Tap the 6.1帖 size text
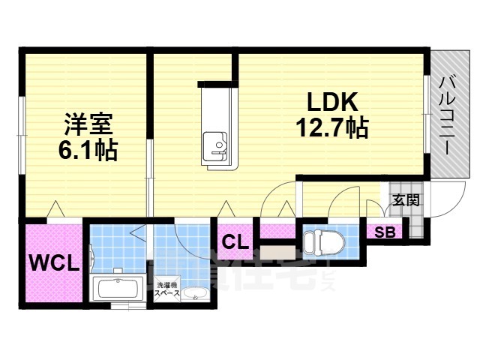click(x=87, y=149)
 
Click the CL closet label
click(x=235, y=242)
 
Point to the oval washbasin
click(x=197, y=294)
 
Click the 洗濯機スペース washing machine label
click(x=167, y=289)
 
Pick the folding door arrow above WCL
click(x=54, y=209)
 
